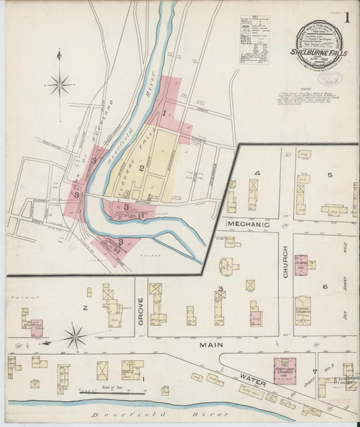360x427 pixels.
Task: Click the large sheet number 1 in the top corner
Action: [x=346, y=18]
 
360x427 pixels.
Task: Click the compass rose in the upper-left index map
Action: [x=59, y=84]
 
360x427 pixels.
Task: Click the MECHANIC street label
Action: [x=248, y=224]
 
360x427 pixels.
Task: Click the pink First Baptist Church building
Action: [x=284, y=371]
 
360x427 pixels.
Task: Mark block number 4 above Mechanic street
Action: [x=256, y=173]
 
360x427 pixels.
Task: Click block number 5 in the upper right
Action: [x=330, y=175]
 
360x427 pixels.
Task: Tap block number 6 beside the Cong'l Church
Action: [x=324, y=286]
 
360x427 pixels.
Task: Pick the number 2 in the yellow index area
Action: [x=141, y=168]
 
